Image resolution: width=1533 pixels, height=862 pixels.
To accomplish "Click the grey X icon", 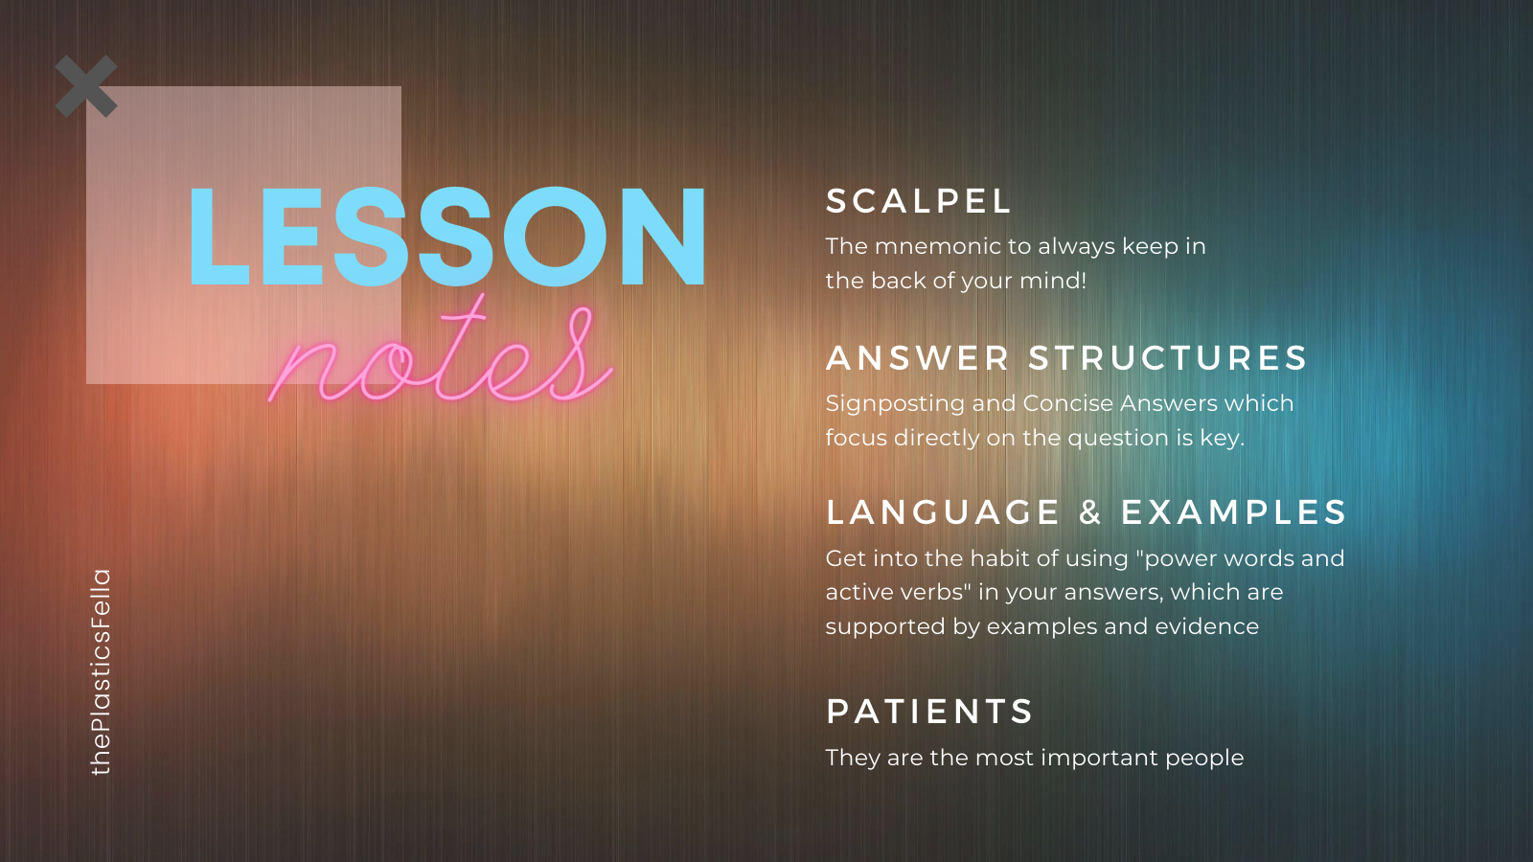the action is (86, 86).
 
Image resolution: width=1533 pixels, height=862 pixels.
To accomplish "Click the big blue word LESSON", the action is (446, 236).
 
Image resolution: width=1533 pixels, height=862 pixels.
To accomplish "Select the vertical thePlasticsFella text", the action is (101, 671).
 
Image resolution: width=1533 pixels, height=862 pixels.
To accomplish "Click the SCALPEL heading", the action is (918, 201).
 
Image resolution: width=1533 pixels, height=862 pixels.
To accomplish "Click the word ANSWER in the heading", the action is (917, 358).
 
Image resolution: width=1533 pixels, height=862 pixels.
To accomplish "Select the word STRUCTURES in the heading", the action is (1168, 358).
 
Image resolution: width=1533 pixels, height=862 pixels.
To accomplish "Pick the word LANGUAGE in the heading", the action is (943, 512).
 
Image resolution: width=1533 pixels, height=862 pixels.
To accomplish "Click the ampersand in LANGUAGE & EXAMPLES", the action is (1090, 512).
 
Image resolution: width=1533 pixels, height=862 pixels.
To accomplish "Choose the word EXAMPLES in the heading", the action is (1233, 512).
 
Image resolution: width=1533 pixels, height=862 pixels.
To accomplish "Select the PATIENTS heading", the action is (928, 712).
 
